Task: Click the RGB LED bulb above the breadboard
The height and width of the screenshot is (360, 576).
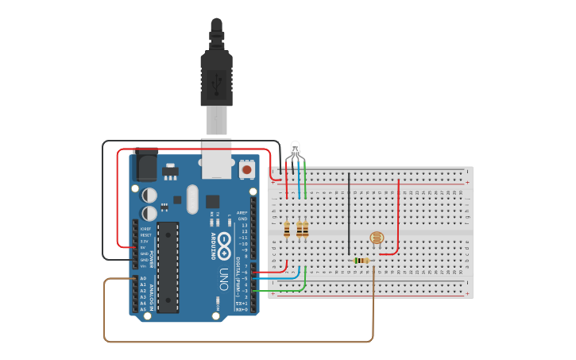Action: point(295,148)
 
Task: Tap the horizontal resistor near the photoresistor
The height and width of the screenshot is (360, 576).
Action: point(362,260)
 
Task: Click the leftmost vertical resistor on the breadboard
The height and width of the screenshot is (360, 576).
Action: point(287,230)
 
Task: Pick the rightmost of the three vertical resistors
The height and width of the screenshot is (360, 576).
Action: point(305,230)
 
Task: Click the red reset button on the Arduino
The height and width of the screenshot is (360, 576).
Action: point(247,169)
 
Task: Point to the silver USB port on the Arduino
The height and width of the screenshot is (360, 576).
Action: point(216,163)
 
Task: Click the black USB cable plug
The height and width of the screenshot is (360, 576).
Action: point(217,75)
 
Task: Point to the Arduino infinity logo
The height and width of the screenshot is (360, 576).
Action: point(226,241)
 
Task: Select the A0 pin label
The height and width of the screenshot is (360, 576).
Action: point(143,279)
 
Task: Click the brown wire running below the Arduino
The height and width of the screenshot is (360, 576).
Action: point(238,341)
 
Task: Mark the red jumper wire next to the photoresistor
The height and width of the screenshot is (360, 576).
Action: point(398,215)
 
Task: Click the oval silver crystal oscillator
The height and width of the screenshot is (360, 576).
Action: point(191,199)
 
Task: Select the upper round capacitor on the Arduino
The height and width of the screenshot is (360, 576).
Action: point(149,195)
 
